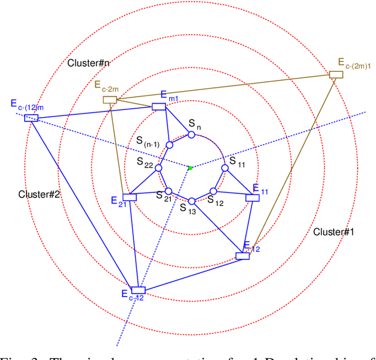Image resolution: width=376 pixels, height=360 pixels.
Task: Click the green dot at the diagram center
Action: [x=190, y=168]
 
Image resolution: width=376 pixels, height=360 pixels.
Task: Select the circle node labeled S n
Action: [x=191, y=135]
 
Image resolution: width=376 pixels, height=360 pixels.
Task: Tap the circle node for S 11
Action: [x=224, y=168]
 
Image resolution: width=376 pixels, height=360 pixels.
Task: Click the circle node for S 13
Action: [x=191, y=201]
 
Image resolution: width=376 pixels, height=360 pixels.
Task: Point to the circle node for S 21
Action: [x=168, y=191]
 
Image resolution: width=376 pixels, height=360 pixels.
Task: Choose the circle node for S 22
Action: [x=158, y=168]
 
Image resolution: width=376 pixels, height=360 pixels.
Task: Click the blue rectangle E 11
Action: [x=253, y=198]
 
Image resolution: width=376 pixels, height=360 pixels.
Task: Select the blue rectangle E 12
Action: [x=242, y=256]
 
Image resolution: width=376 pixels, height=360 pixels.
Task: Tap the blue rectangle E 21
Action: [x=129, y=197]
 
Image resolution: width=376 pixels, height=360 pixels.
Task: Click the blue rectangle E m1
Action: [x=159, y=106]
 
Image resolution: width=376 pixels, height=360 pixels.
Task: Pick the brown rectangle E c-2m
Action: [x=110, y=100]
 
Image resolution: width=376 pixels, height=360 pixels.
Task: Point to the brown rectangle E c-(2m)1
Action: [x=335, y=74]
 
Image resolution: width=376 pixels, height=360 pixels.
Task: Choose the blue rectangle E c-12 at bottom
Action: [x=138, y=290]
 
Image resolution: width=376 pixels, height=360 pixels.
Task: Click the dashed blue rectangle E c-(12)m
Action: [x=31, y=118]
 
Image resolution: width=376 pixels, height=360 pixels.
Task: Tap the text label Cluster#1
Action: [x=334, y=232]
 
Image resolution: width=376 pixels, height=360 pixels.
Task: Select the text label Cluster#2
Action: [x=39, y=194]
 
